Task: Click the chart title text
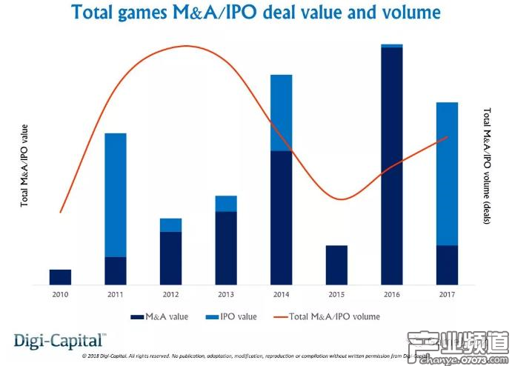255,13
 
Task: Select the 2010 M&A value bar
60,276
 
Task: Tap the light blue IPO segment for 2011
116,195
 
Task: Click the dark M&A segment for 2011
116,270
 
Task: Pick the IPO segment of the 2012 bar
170,224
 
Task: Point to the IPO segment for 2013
226,204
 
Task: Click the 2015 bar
336,264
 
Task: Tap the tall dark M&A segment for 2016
391,166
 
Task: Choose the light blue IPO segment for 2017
447,173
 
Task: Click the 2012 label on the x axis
170,295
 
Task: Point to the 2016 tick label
391,295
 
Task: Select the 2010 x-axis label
60,295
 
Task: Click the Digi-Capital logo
60,341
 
